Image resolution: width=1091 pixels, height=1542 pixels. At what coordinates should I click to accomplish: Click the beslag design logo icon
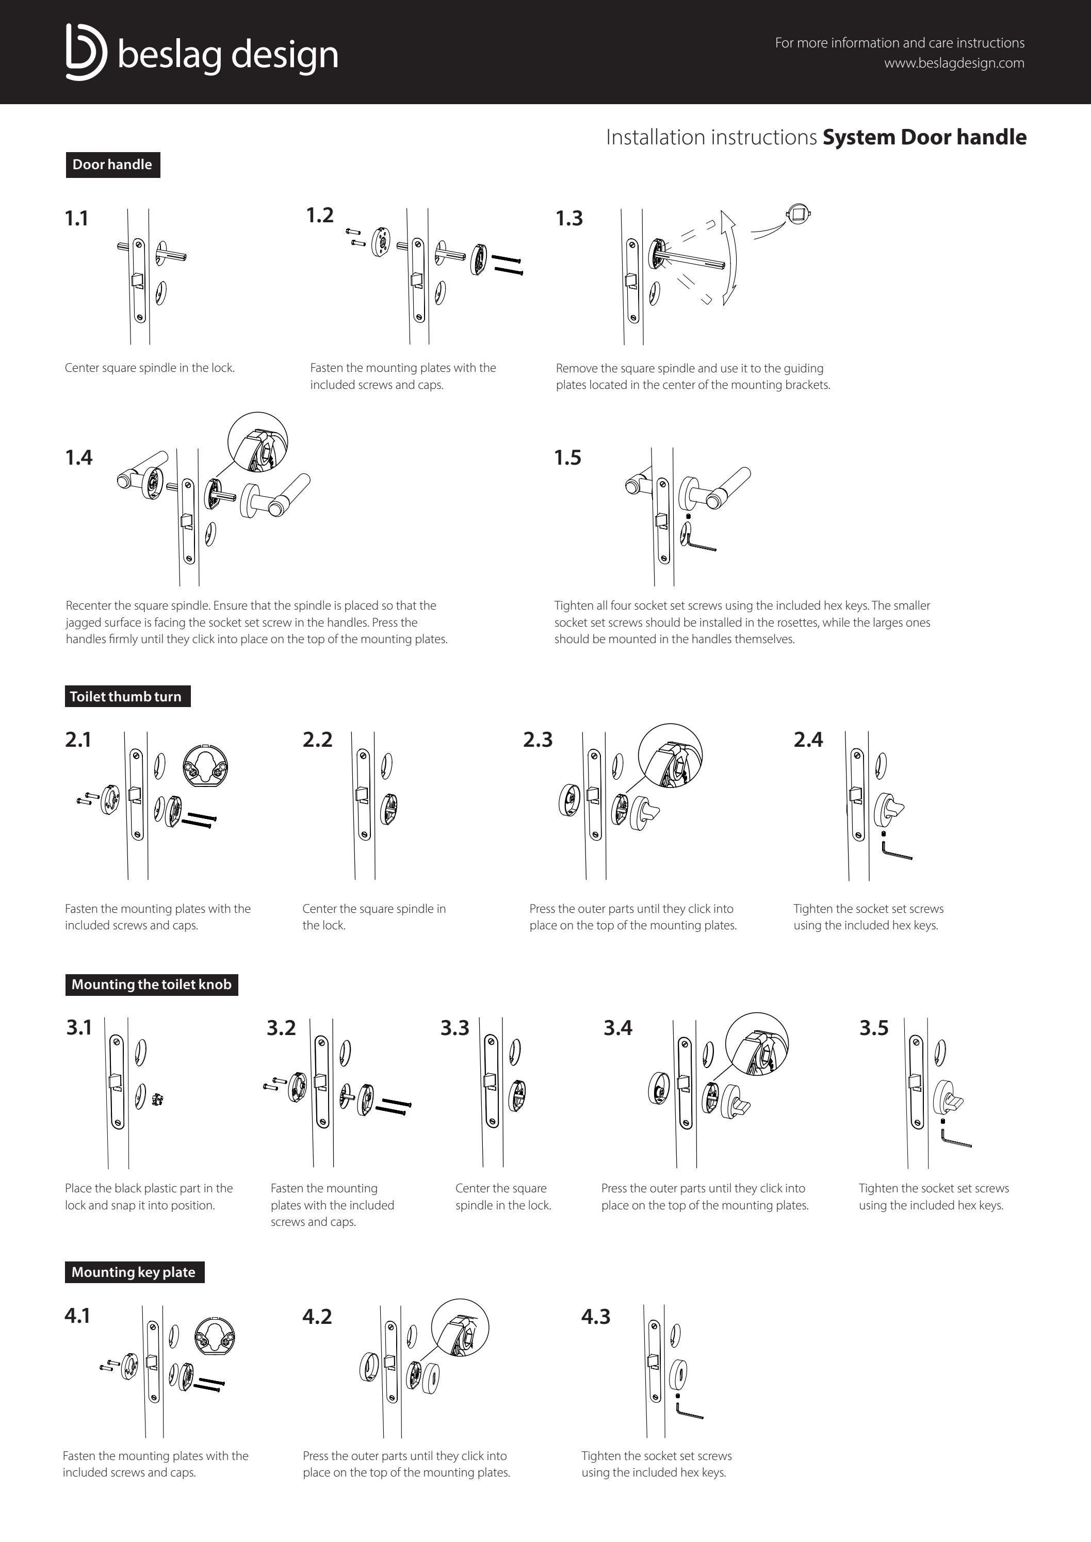click(85, 53)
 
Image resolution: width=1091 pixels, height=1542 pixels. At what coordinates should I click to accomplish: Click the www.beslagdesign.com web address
click(953, 63)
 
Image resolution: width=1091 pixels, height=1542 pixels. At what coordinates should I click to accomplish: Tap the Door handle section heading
click(112, 165)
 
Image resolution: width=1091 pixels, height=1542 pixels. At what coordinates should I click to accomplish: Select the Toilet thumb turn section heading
click(126, 696)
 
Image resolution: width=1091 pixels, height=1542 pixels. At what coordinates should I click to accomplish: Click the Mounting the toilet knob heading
click(151, 985)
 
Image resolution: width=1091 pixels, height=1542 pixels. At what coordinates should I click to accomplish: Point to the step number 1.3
click(569, 218)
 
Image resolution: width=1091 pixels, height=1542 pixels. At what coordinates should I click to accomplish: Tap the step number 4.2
click(317, 1316)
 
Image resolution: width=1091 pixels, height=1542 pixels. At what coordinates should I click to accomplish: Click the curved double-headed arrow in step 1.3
click(730, 258)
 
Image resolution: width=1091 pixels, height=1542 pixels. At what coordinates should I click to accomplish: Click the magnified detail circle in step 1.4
click(258, 442)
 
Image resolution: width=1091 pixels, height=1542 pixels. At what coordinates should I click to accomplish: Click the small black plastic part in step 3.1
click(157, 1100)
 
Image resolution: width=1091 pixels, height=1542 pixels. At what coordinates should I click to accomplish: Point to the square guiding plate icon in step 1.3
click(798, 215)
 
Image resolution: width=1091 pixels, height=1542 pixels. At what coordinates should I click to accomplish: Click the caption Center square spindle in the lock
click(149, 368)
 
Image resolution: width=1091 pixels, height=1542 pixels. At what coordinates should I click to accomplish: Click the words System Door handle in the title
click(924, 137)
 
